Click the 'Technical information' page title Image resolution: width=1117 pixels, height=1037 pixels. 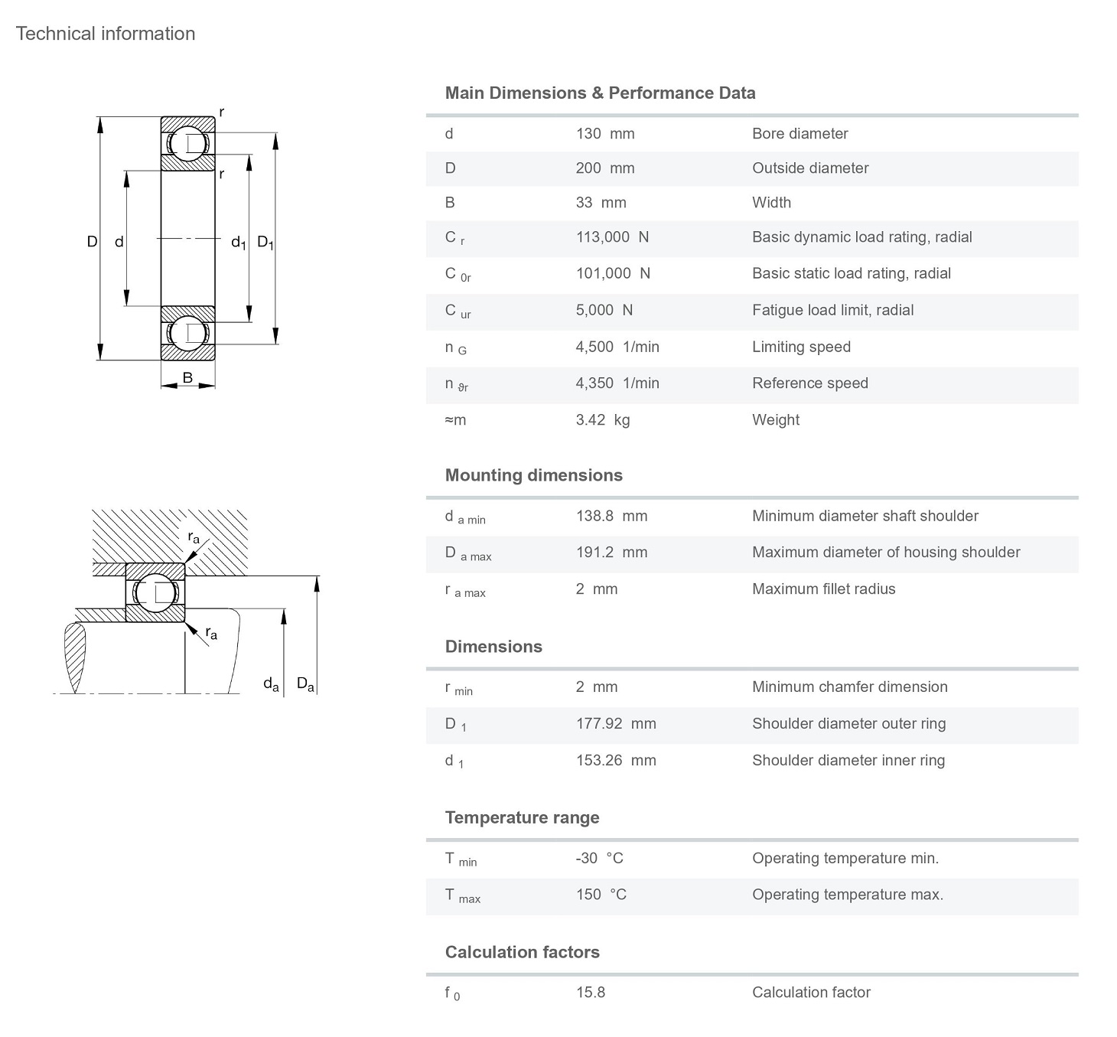pos(106,34)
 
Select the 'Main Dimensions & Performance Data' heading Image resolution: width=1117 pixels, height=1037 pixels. pos(600,93)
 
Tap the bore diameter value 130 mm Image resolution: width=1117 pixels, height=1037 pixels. pos(605,134)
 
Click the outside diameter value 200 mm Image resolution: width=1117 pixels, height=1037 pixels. pos(605,168)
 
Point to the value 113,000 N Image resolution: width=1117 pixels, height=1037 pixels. pos(612,237)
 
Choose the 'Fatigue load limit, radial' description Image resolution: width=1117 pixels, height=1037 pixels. pos(832,311)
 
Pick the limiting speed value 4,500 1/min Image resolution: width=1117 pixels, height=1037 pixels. pos(617,347)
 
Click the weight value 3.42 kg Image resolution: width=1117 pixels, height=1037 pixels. pos(603,420)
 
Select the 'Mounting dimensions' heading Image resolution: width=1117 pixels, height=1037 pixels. pos(533,475)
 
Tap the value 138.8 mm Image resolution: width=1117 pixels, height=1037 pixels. pos(611,517)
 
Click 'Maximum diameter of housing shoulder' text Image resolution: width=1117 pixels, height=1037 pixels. pos(886,553)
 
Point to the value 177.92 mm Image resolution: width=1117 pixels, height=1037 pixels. pos(616,724)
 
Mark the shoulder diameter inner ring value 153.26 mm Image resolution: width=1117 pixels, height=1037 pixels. pos(616,761)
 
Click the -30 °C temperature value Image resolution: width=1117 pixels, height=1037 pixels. pos(599,859)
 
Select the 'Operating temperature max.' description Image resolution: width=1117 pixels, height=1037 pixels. pos(847,895)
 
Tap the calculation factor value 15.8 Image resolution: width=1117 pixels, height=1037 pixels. pos(590,993)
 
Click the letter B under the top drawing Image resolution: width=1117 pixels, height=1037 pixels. pos(187,377)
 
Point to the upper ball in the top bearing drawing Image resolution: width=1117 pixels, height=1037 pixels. pos(187,144)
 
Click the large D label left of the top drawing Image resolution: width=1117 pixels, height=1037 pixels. pos(92,242)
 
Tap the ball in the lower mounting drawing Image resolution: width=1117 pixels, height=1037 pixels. pos(155,592)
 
